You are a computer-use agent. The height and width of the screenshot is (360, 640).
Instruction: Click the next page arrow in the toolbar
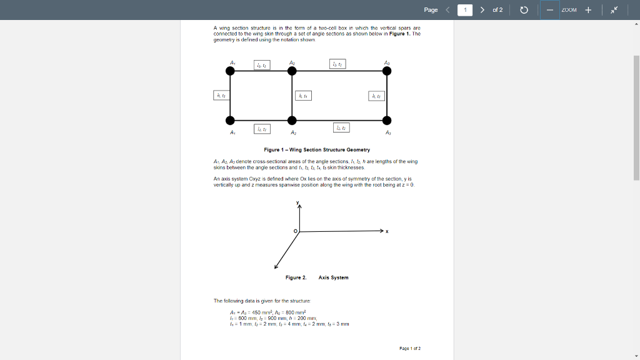pos(482,10)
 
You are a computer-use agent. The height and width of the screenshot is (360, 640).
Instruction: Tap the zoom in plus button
pos(588,10)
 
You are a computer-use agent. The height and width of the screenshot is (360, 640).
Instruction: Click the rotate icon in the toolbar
pos(524,10)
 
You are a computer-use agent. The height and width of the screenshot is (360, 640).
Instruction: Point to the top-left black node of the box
pos(231,71)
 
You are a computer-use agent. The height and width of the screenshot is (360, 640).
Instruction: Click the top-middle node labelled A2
pos(292,71)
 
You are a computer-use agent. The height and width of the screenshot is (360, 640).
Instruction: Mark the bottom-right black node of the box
pos(387,120)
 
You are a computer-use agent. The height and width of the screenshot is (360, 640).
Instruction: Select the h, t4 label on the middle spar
pos(303,96)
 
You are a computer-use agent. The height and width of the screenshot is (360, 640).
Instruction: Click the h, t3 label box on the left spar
pos(221,96)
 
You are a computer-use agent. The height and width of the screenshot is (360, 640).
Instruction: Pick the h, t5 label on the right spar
pos(376,96)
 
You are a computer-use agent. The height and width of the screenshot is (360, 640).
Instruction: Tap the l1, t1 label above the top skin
pos(262,64)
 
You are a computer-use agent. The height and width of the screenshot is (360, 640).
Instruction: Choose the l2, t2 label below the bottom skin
pos(341,127)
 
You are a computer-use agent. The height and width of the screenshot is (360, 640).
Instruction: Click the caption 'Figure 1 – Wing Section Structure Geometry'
pos(317,150)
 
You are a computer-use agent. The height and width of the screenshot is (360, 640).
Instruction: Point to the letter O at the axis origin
pos(296,232)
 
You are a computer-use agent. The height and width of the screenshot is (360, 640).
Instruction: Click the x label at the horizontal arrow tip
pos(387,232)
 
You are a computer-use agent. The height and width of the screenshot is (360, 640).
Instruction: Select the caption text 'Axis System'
pos(333,277)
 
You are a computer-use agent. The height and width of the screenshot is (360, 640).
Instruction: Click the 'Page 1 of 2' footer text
pos(410,348)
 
